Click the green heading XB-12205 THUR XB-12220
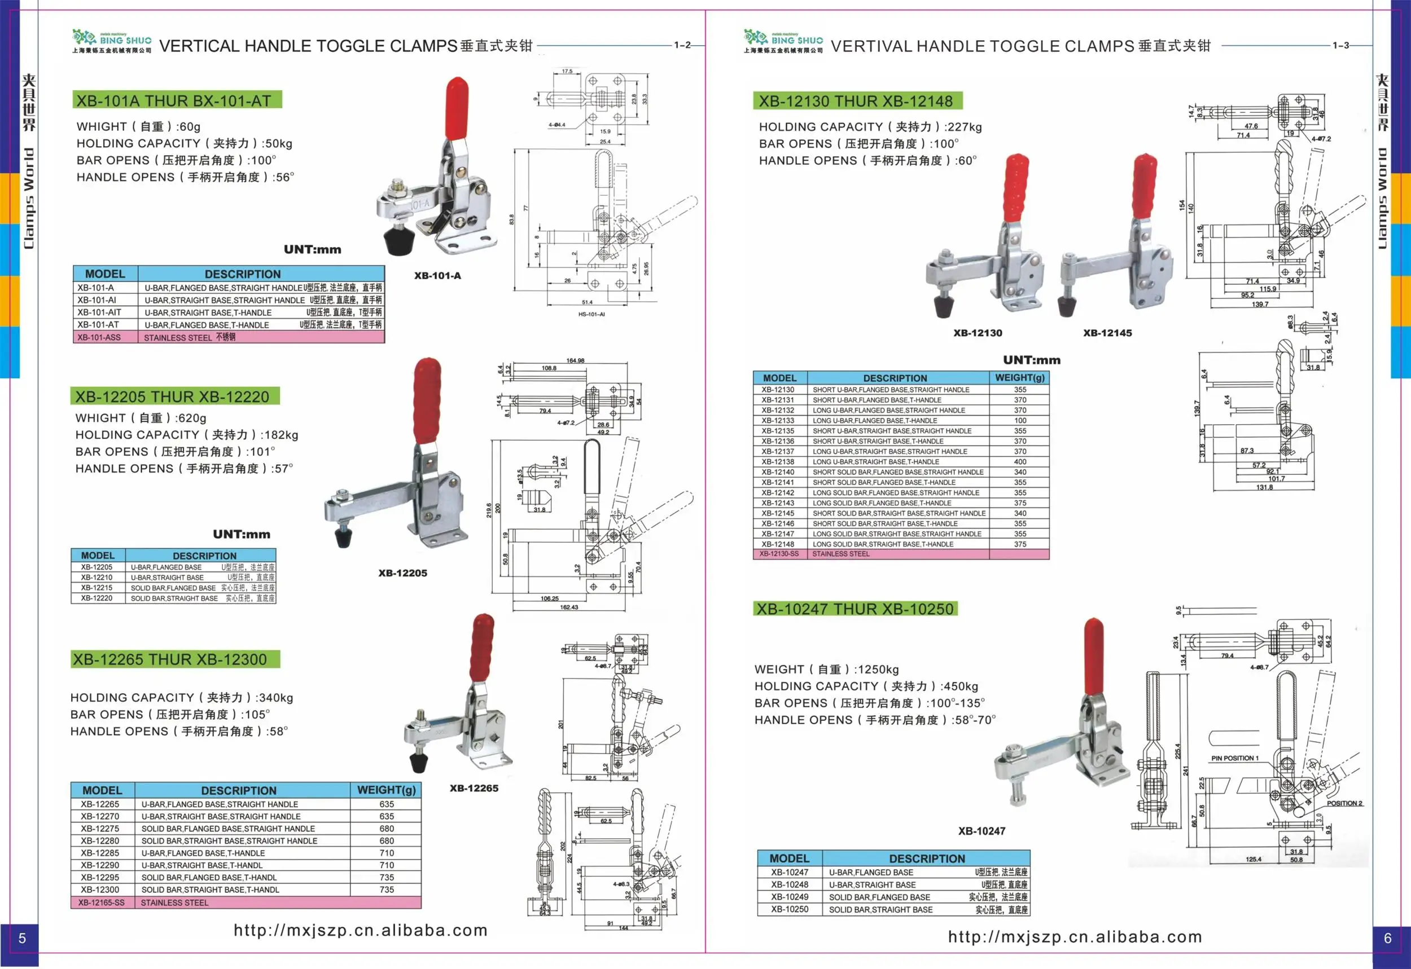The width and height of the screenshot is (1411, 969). [174, 397]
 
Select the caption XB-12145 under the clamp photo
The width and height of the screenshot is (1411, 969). [1107, 333]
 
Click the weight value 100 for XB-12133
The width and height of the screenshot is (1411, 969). [1020, 420]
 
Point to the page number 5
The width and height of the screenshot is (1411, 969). [22, 938]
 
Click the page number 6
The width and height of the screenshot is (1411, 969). [1387, 938]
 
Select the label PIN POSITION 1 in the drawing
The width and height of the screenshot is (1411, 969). [1235, 757]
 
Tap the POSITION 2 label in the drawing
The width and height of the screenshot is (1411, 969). [1344, 803]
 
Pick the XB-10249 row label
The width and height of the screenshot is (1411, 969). [790, 897]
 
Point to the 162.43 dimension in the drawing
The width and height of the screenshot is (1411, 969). [568, 607]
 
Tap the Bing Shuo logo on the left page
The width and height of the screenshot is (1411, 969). [112, 41]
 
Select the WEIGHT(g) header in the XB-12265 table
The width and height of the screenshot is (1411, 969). [386, 790]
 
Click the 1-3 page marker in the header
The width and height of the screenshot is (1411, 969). [1340, 45]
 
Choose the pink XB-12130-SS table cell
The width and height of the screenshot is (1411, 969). [779, 554]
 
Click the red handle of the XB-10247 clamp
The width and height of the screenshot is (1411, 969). [1093, 656]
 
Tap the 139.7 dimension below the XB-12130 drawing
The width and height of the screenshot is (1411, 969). [1260, 304]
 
